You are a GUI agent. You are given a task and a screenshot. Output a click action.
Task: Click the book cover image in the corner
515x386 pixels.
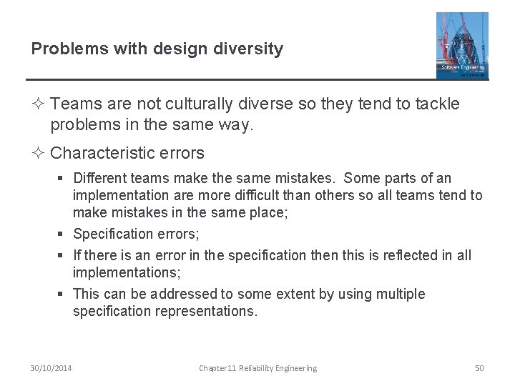point(462,45)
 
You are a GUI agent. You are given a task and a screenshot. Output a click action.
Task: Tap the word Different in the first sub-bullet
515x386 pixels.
point(100,178)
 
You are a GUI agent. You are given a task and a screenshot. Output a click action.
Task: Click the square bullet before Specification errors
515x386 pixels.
point(64,234)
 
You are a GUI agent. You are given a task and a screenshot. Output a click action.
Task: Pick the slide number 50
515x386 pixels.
point(479,368)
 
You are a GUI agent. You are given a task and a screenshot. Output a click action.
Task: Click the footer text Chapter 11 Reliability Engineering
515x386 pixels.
point(257,368)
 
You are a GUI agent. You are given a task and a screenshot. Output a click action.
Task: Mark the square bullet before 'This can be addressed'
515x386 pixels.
point(64,295)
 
